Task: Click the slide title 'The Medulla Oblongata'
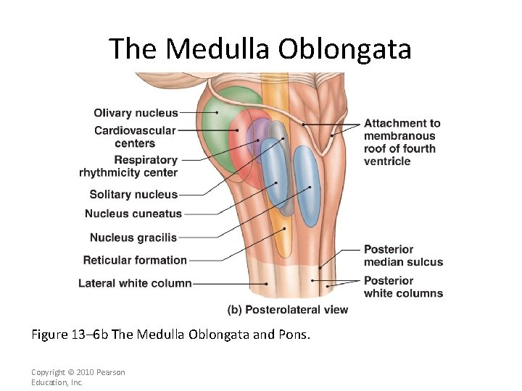pos(260,49)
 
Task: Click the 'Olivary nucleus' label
pos(136,113)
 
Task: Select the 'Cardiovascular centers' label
pos(135,137)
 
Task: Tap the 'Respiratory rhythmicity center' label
pos(129,166)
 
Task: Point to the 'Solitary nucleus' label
pos(133,194)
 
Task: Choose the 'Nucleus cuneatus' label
pos(133,214)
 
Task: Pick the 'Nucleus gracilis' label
pos(133,237)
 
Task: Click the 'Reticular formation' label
pos(135,260)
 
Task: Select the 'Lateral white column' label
pos(135,283)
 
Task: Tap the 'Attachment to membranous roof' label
pos(402,142)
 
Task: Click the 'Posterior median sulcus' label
pos(403,256)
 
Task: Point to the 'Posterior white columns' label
pos(403,287)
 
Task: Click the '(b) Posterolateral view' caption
pos(288,310)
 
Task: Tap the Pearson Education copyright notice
pos(78,377)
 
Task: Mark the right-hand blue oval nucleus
pos(307,185)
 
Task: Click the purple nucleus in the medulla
pos(255,134)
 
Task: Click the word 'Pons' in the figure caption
pos(295,335)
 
